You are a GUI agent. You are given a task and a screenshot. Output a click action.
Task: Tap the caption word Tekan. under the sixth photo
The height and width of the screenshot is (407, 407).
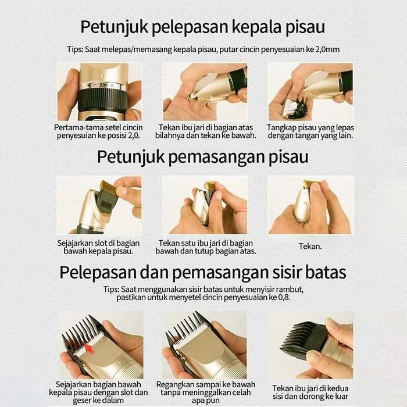point(310,246)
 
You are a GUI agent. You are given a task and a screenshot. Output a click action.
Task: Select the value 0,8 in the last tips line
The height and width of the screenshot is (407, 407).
point(283,297)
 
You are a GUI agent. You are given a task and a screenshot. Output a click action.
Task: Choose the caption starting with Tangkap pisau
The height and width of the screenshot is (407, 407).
point(310,131)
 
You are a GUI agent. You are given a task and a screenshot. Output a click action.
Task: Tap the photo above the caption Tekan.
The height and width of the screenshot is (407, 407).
point(310,205)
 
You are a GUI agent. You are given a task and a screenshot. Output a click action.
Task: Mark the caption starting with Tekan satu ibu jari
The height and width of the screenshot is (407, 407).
point(206,247)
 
